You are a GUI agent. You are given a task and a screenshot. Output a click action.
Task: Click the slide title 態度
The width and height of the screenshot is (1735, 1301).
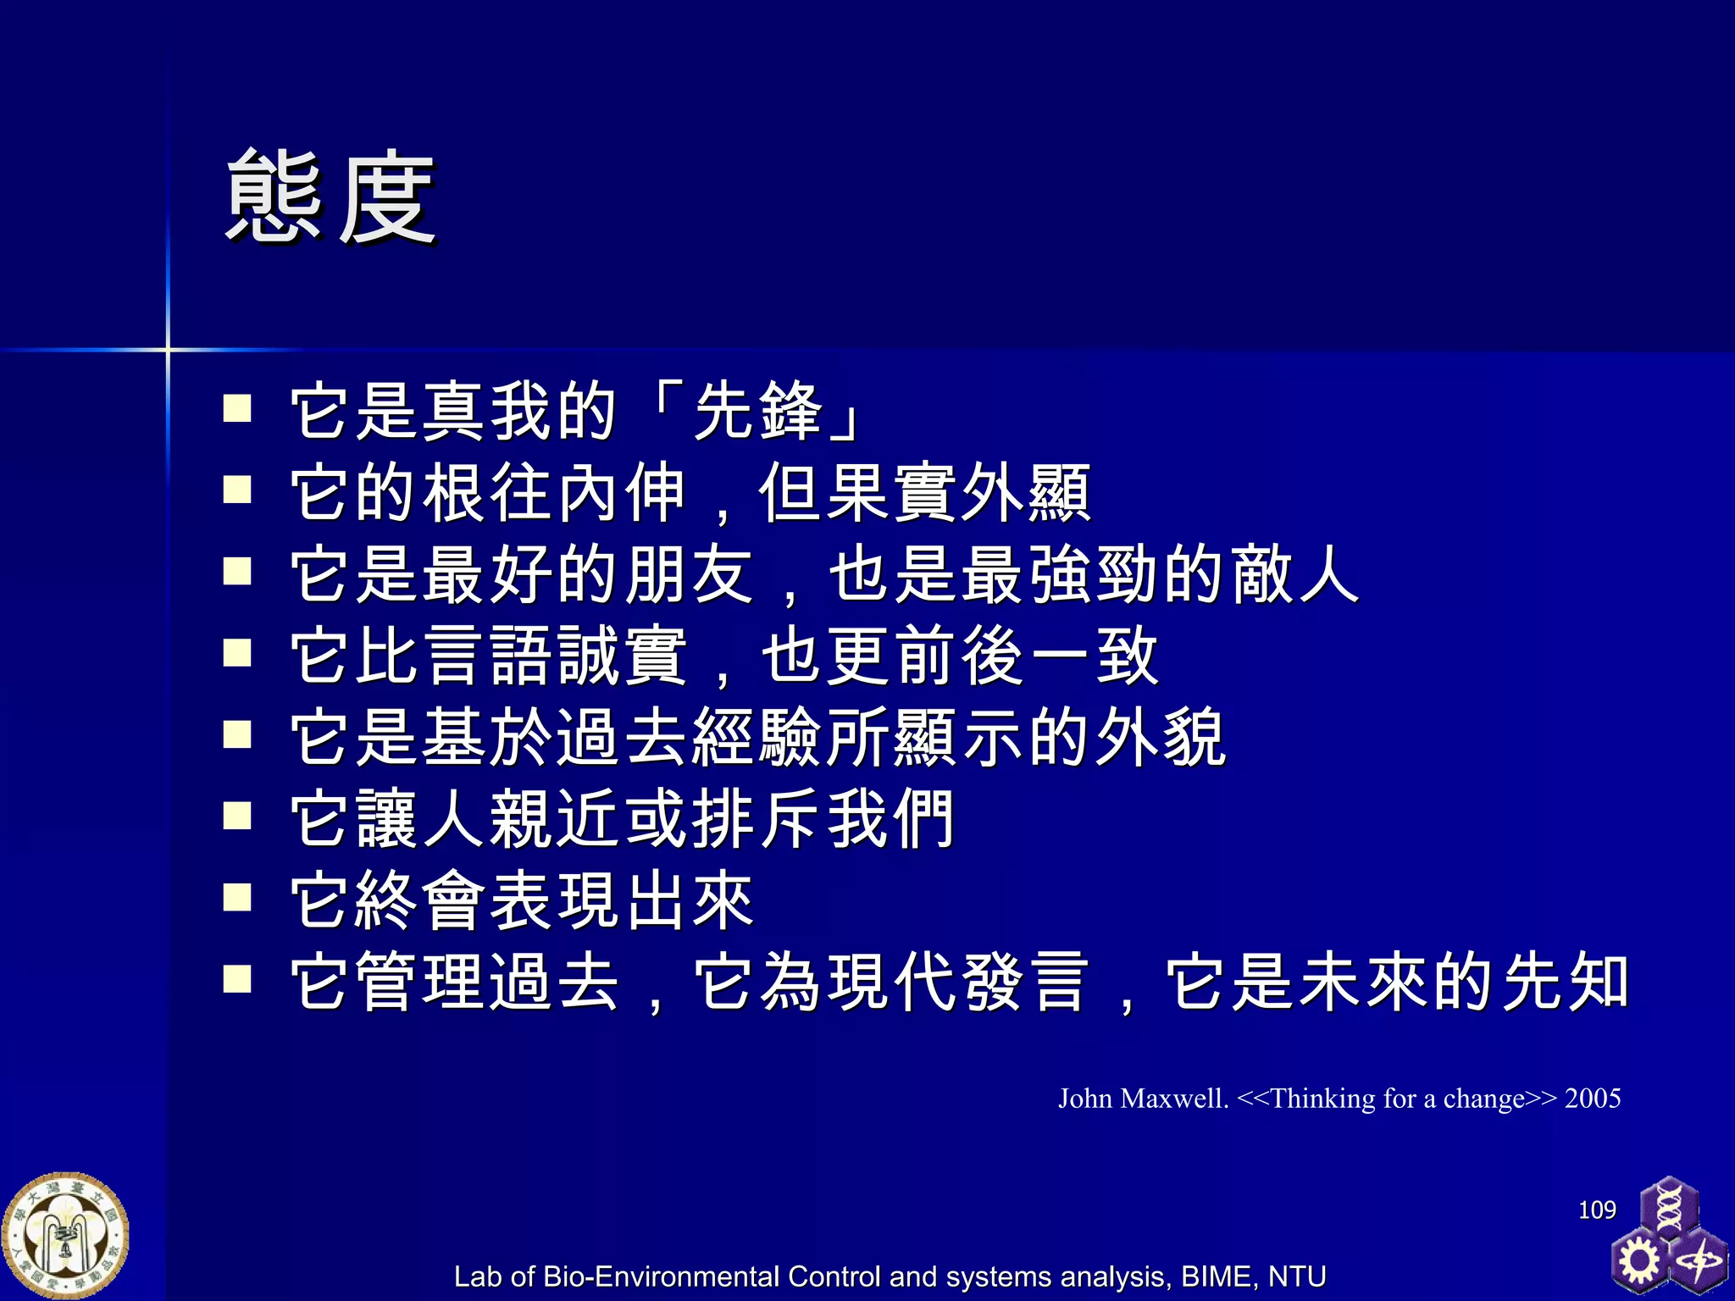pos(330,197)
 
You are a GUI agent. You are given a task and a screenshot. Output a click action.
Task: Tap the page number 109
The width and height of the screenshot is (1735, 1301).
pos(1597,1210)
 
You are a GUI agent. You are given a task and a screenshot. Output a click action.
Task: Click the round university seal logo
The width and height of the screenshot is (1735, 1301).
pos(65,1236)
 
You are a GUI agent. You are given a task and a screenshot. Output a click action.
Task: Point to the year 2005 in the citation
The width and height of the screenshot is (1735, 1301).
pos(1593,1099)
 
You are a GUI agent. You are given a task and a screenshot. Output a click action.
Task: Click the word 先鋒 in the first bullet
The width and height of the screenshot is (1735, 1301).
pos(758,412)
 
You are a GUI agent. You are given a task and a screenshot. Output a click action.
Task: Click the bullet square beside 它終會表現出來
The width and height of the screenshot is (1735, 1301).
pos(237,897)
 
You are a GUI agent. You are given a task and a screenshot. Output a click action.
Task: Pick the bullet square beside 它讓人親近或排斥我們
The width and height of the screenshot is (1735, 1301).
pos(237,816)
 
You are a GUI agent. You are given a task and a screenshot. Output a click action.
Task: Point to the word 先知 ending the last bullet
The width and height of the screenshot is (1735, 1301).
pos(1566,983)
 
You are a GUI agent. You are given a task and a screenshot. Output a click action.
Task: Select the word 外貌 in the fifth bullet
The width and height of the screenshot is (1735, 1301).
pos(1161,738)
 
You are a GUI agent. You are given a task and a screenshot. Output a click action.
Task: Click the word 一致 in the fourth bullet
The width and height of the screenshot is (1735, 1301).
pos(1093,656)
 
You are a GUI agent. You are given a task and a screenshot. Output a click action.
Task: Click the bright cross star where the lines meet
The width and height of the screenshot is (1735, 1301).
pos(168,349)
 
